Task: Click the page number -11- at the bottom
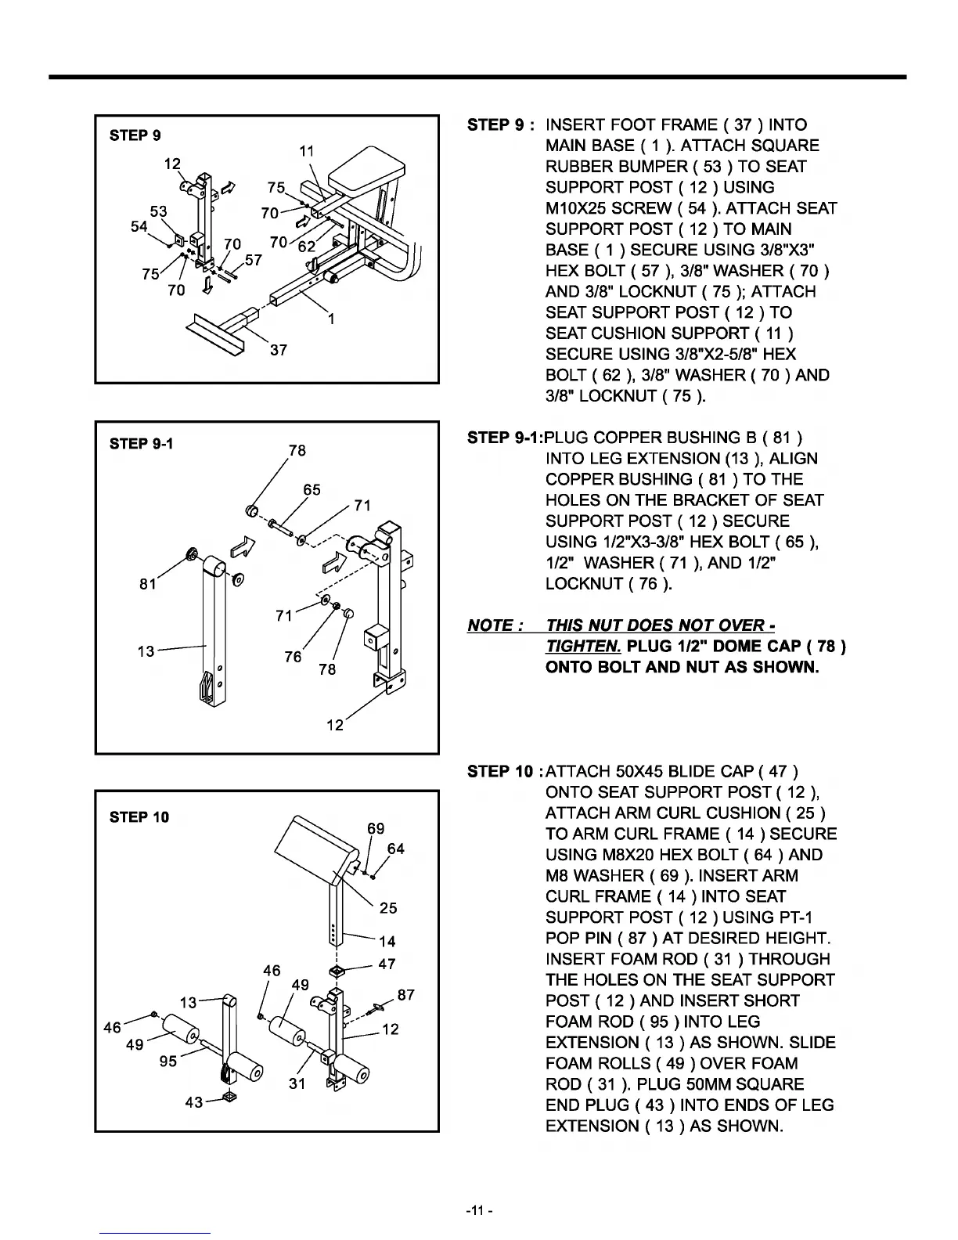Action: [478, 1212]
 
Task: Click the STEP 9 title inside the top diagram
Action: [135, 135]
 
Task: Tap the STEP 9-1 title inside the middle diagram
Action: [142, 444]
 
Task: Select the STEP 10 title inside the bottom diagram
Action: [139, 817]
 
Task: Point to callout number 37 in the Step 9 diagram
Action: [278, 350]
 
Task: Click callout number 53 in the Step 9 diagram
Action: [158, 212]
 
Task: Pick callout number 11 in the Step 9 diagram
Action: [307, 151]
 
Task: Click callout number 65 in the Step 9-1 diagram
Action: [312, 490]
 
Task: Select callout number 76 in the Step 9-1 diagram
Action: [293, 657]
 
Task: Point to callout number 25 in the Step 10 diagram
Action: [388, 908]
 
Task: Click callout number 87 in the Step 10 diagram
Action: [406, 995]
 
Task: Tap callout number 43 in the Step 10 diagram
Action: [194, 1102]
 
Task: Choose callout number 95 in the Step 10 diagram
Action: [167, 1062]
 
